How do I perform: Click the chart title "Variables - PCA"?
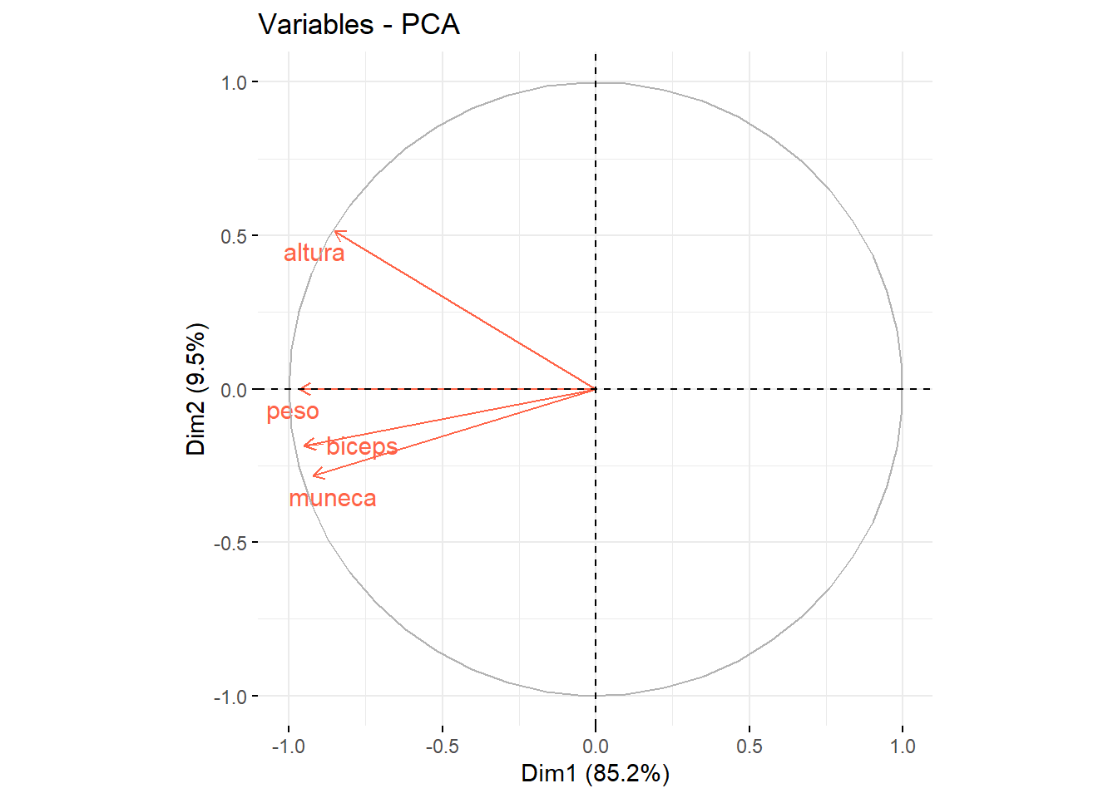tap(359, 25)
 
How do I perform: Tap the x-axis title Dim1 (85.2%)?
tap(595, 773)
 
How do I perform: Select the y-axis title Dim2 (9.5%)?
tap(196, 389)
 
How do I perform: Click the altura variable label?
tap(314, 253)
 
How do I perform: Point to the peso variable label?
tap(292, 411)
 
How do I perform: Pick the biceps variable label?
tap(362, 446)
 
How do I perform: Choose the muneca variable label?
tap(333, 498)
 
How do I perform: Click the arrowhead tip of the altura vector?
tap(334, 232)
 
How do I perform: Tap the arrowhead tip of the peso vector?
tap(299, 389)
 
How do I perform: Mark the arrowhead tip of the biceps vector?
tap(304, 446)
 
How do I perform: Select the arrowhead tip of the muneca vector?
tap(313, 475)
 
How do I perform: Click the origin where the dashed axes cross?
tap(596, 389)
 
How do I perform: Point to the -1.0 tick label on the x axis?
tap(288, 746)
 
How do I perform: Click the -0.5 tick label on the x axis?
tap(442, 746)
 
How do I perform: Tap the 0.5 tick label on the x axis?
tap(749, 746)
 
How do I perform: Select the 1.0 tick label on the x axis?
tap(903, 746)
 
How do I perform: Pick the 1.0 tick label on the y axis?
tap(234, 82)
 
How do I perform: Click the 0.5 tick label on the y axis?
tap(234, 236)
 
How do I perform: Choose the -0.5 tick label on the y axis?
tap(231, 543)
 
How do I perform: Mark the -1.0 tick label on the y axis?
tap(231, 697)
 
